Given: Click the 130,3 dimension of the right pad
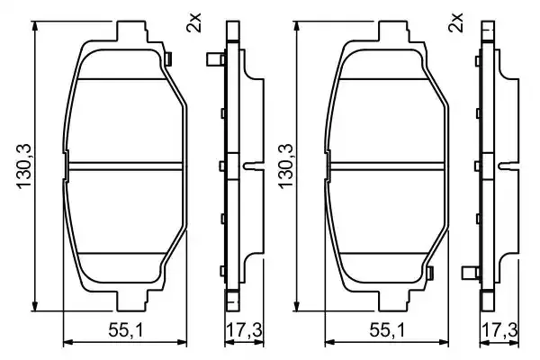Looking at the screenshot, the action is click(x=285, y=166).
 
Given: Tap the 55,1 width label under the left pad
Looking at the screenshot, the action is click(x=125, y=330).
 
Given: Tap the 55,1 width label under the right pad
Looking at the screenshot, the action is click(x=387, y=330).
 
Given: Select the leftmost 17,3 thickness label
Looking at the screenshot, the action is click(x=244, y=330).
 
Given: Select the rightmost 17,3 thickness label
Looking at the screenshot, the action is click(x=499, y=330).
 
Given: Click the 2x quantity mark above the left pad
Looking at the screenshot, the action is click(x=193, y=22).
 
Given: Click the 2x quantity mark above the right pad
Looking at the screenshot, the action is click(x=455, y=22).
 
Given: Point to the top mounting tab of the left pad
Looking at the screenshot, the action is click(x=131, y=31).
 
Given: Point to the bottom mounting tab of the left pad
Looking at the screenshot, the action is click(x=131, y=301).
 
